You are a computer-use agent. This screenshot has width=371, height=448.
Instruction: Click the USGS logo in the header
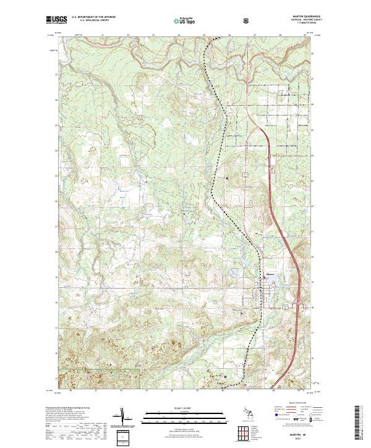[56, 21]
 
